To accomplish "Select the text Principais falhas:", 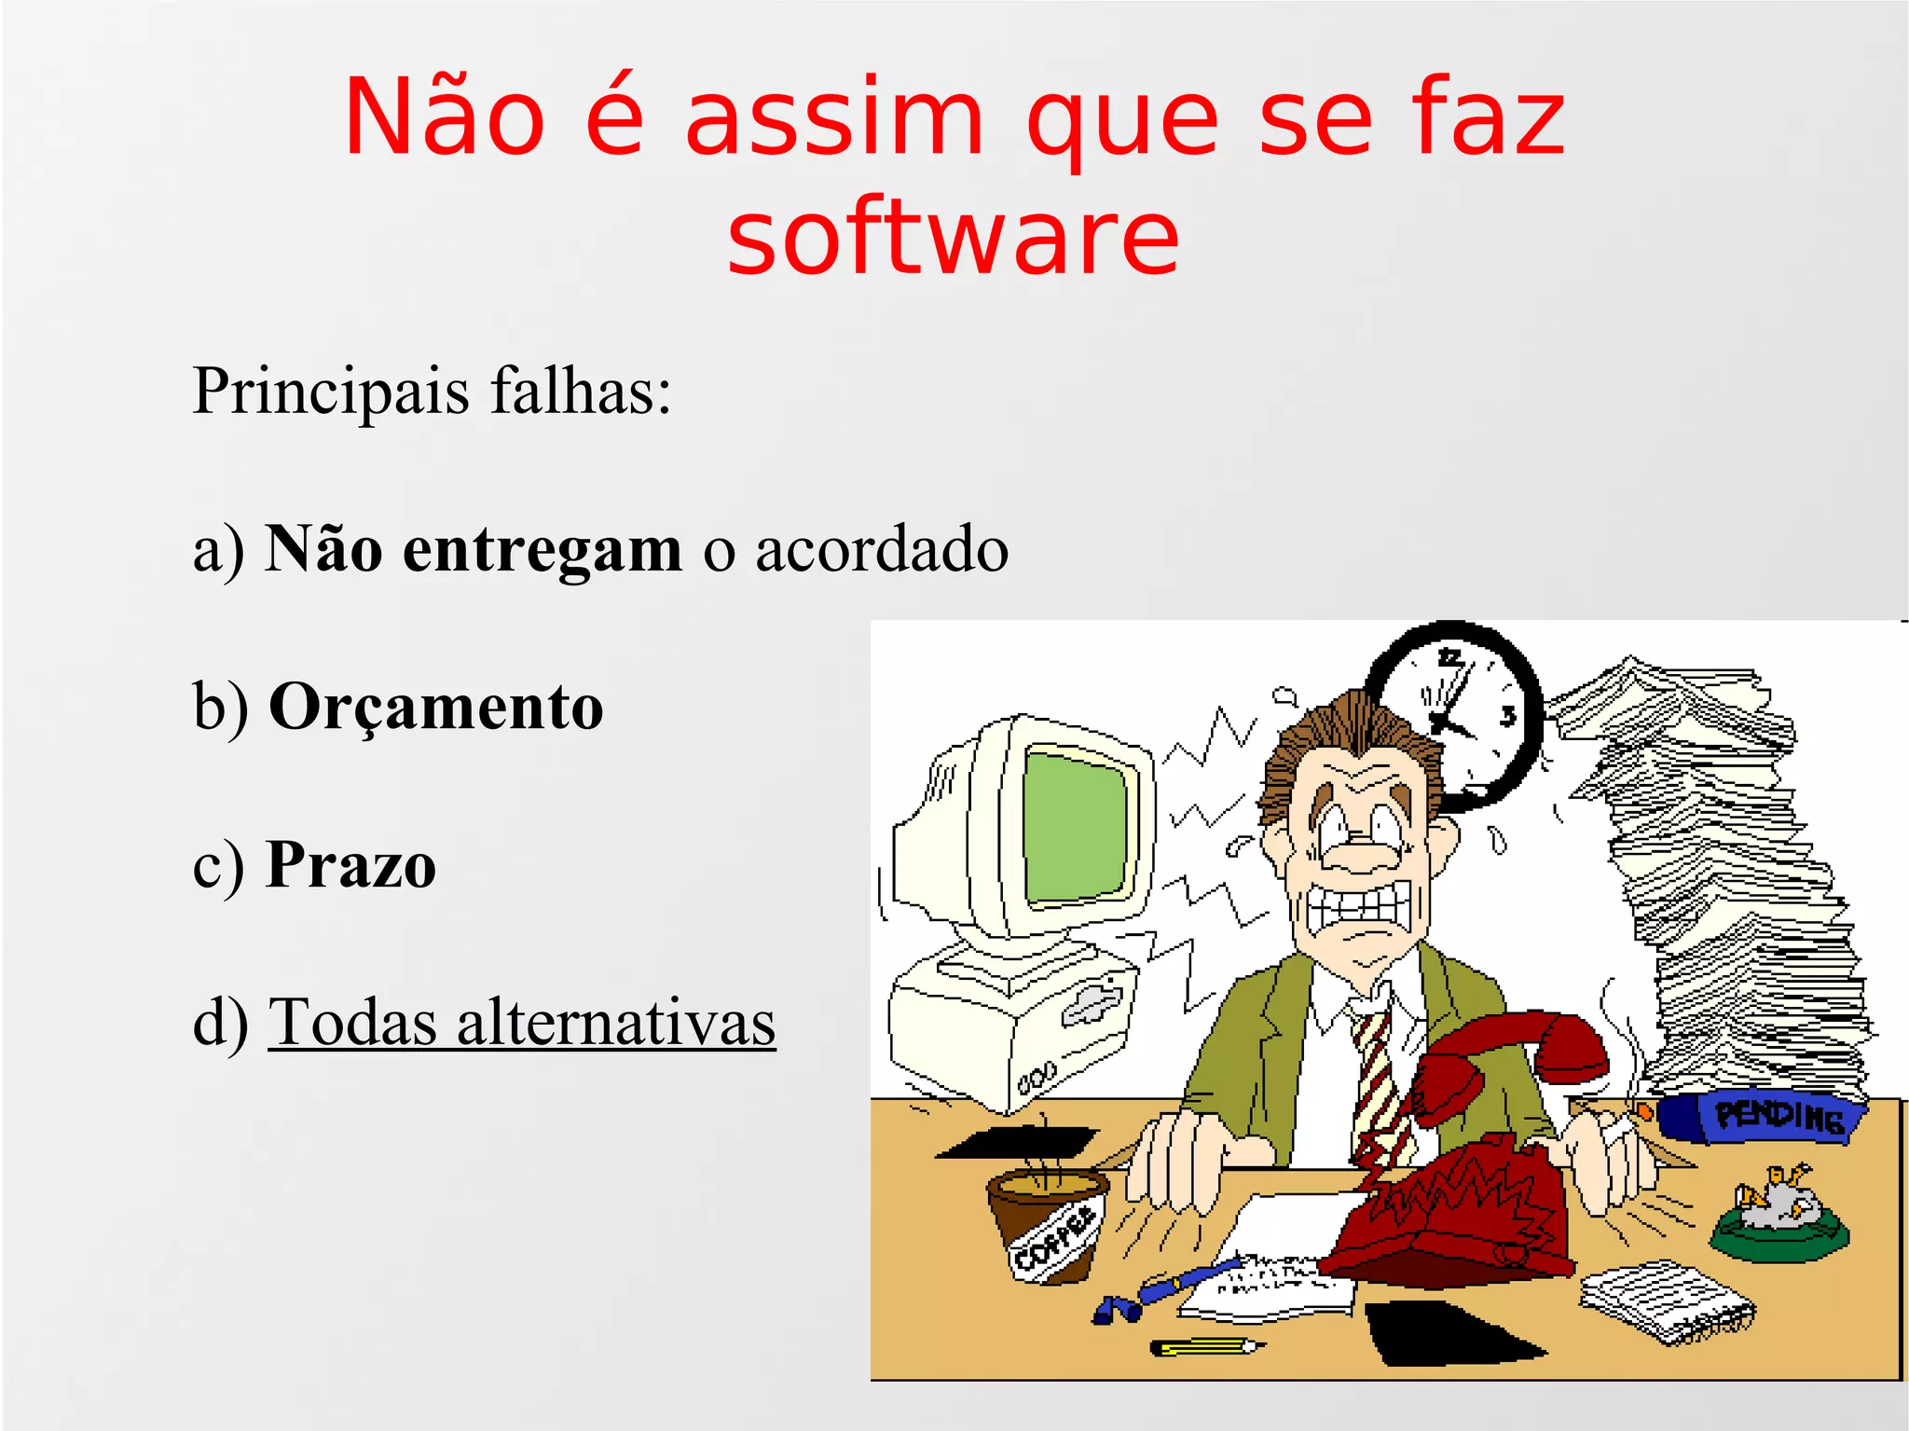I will point(432,391).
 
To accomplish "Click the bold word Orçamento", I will point(436,707).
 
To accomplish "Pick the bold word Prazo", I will point(350,864).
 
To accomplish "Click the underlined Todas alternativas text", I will point(521,1023).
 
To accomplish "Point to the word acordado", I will point(881,549).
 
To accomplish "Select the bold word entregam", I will point(542,549).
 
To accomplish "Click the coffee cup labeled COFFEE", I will point(1049,1221).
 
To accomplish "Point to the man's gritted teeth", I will point(1360,907).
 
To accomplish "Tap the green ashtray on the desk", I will point(1779,1226).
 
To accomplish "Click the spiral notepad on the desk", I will point(1666,1300).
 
